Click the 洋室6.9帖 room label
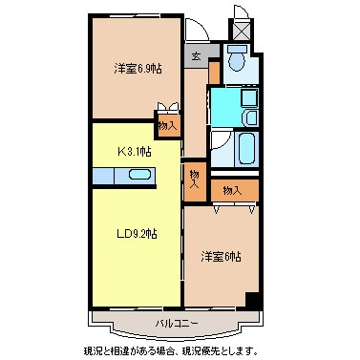point(137,69)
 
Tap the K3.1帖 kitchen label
point(134,150)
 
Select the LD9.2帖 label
point(137,233)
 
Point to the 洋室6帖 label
point(221,257)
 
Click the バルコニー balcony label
point(178,324)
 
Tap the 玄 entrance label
point(196,56)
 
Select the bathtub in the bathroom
point(245,148)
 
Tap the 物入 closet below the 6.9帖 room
point(166,123)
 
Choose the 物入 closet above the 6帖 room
point(232,191)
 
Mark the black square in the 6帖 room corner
point(252,302)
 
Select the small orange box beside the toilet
point(215,71)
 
